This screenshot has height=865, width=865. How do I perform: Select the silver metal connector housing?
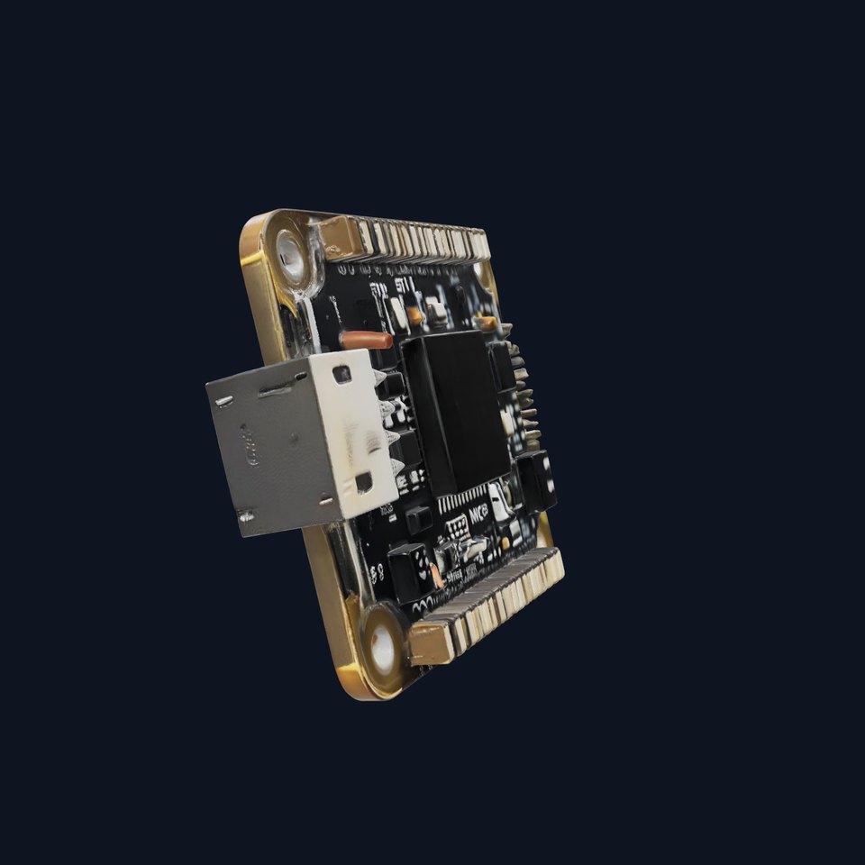[x=302, y=442]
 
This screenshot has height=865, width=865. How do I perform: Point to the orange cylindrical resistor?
[x=367, y=340]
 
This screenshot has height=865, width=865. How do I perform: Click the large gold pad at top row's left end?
[x=344, y=237]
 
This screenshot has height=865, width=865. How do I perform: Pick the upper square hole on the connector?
[x=342, y=372]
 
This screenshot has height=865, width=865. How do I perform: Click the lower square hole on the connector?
[x=364, y=483]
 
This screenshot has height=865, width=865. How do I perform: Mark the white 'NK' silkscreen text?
[x=479, y=514]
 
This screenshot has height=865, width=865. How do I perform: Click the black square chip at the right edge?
[x=537, y=478]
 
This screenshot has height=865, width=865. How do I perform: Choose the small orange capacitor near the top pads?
[x=415, y=315]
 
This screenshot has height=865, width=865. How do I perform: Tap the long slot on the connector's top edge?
[x=275, y=391]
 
